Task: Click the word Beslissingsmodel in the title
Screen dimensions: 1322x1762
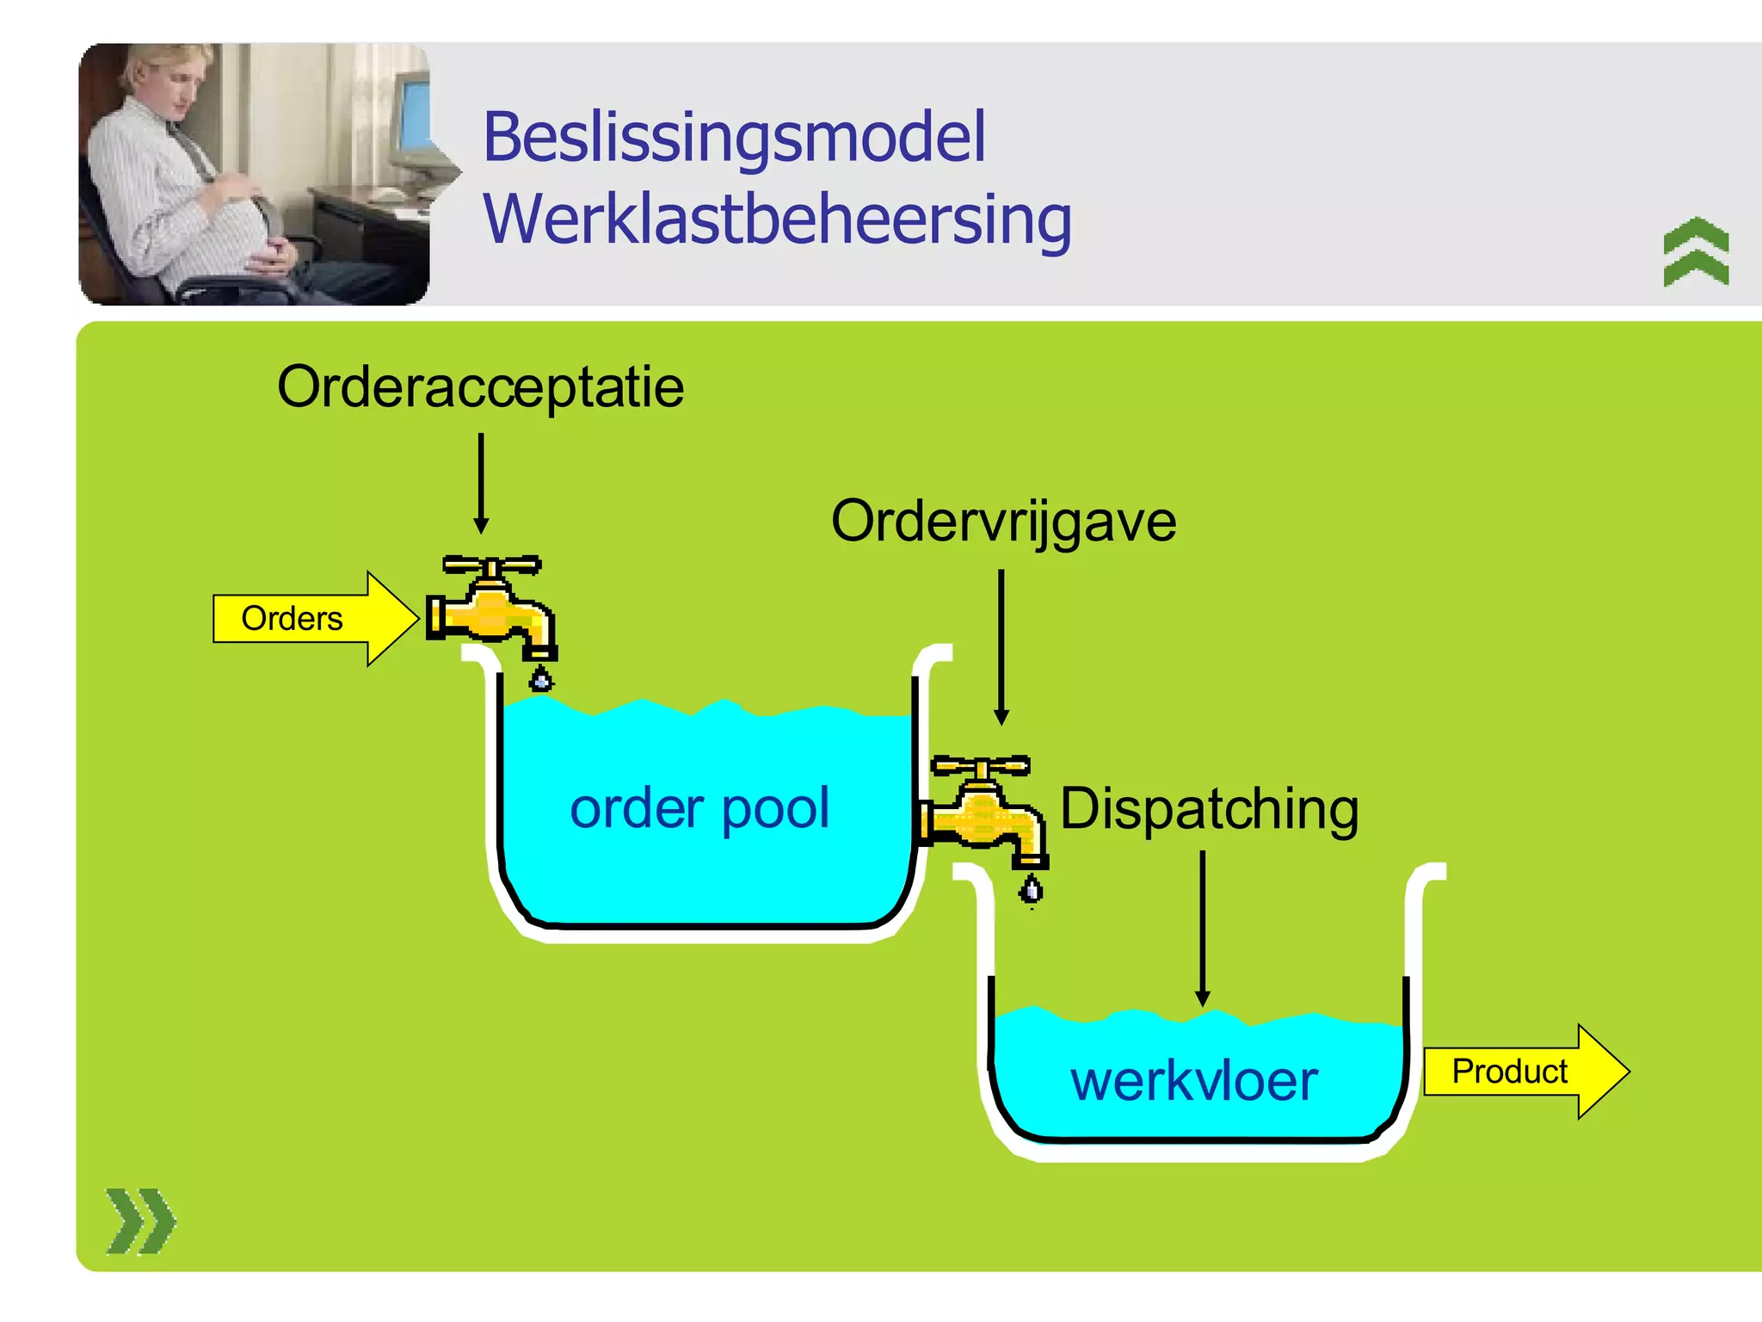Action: click(x=734, y=138)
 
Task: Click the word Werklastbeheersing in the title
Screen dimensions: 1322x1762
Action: click(x=777, y=219)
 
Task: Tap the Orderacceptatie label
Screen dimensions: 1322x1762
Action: click(x=480, y=386)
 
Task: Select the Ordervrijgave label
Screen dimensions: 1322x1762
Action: click(x=1003, y=522)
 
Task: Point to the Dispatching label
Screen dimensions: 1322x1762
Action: click(x=1209, y=809)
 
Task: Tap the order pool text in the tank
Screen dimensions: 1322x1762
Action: click(x=699, y=808)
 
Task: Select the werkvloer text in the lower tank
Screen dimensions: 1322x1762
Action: click(x=1194, y=1081)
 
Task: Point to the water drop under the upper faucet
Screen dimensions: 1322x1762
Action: click(x=540, y=679)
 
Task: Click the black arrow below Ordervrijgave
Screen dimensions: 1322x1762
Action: click(x=1001, y=646)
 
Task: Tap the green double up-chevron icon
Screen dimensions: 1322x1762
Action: click(x=1696, y=251)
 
